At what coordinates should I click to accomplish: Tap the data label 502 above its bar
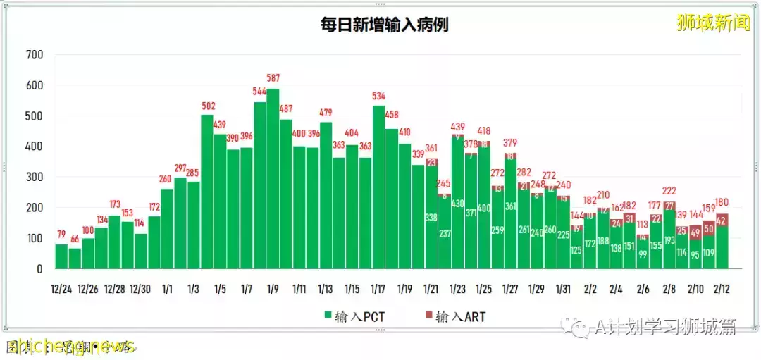pyautogui.click(x=207, y=106)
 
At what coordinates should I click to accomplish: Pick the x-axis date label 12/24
pyautogui.click(x=61, y=289)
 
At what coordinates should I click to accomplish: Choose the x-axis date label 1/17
pyautogui.click(x=378, y=289)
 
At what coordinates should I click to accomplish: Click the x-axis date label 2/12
pyautogui.click(x=722, y=289)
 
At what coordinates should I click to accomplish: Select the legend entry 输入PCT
pyautogui.click(x=348, y=316)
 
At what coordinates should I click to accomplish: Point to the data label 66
pyautogui.click(x=75, y=240)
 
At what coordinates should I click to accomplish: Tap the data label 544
pyautogui.click(x=259, y=92)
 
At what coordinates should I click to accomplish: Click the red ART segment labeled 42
pyautogui.click(x=722, y=220)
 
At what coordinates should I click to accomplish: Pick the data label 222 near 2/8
pyautogui.click(x=669, y=192)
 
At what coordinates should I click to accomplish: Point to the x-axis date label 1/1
pyautogui.click(x=167, y=289)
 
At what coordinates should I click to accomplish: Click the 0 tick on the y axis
pyautogui.click(x=39, y=269)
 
